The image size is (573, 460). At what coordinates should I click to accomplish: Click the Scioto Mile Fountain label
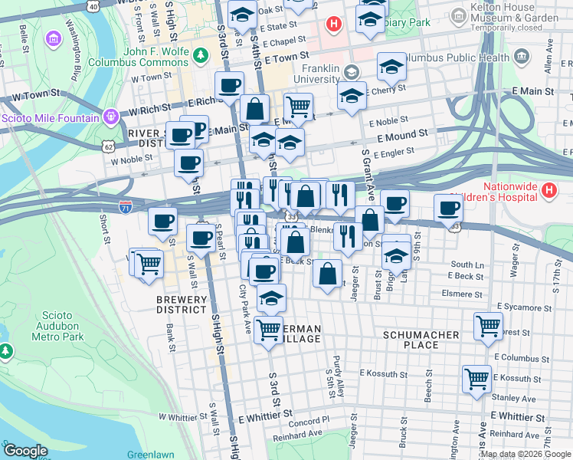point(50,118)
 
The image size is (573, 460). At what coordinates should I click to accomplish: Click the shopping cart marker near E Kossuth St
point(476,377)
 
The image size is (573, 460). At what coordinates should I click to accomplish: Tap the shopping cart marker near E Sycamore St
point(488,325)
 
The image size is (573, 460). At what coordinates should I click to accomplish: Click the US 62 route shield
point(109,144)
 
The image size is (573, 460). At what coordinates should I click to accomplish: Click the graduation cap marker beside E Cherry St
point(351,96)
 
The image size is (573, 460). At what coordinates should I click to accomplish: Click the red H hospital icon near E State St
point(333,24)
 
